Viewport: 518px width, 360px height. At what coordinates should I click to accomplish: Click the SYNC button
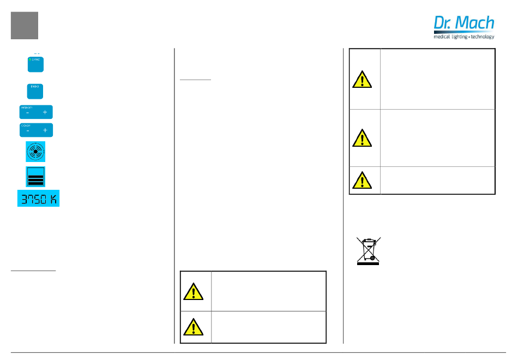tap(36, 64)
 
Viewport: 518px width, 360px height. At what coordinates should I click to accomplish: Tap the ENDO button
tap(36, 91)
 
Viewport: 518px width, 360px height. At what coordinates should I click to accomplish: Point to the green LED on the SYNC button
tap(31, 58)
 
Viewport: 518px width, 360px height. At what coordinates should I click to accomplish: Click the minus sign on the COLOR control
tap(27, 131)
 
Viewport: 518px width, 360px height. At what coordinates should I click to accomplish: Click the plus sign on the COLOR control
tap(45, 131)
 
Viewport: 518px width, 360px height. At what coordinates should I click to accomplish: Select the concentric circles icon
tap(35, 151)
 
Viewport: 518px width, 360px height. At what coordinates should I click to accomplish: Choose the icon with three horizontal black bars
tap(36, 177)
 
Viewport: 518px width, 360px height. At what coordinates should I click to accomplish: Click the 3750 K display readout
tap(38, 199)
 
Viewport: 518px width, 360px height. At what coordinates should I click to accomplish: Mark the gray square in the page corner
tap(25, 26)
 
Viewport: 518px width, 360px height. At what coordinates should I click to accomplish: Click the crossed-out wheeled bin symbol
tap(368, 251)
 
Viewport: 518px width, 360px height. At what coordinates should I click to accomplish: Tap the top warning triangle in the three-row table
tap(362, 80)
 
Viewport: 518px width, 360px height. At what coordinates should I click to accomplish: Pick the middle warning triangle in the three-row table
tap(362, 138)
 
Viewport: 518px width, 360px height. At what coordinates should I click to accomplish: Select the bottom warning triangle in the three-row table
tap(362, 179)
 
